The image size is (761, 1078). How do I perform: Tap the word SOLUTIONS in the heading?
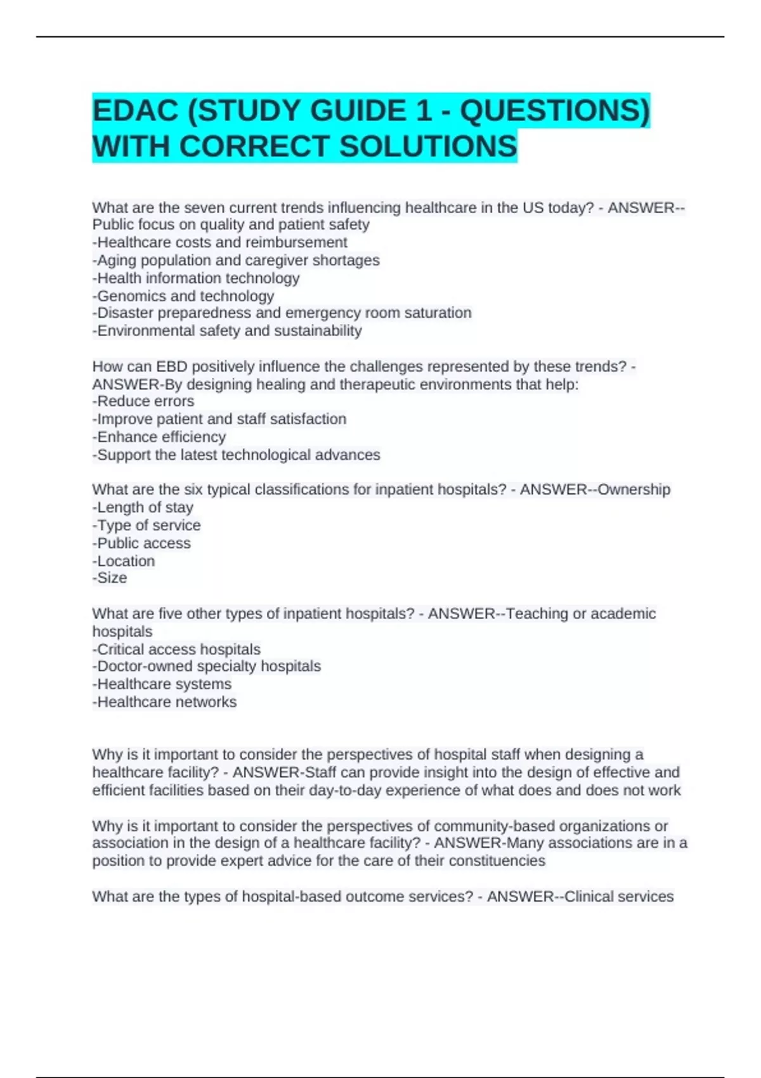[x=428, y=146]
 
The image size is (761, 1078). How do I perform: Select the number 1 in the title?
[x=423, y=111]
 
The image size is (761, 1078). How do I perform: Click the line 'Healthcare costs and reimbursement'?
[x=220, y=242]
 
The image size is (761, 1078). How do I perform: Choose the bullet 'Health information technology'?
[x=196, y=278]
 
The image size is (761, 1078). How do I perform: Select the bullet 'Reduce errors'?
[x=143, y=401]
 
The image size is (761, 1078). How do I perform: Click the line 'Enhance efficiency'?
[x=159, y=437]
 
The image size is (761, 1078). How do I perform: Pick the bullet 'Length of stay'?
[x=143, y=507]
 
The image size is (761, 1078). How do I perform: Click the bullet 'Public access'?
[x=141, y=543]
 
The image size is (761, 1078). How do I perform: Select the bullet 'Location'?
[x=124, y=561]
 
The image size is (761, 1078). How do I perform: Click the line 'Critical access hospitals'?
[x=176, y=649]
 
